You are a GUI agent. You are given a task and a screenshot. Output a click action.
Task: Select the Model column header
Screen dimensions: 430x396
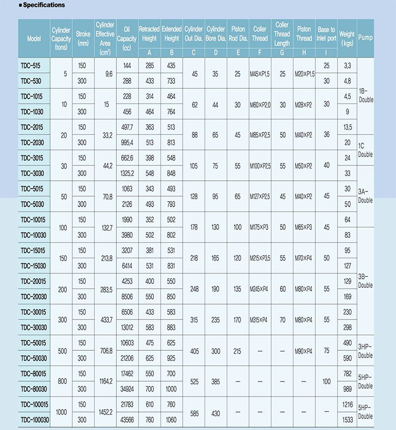[34, 38]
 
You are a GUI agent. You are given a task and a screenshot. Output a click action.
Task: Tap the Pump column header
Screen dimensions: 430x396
[365, 38]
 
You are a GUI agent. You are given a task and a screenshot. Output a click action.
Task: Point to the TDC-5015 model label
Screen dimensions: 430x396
[32, 189]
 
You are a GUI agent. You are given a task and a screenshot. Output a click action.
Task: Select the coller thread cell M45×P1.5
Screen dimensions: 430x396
[260, 74]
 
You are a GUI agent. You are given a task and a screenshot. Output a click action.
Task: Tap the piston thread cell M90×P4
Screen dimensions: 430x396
[304, 351]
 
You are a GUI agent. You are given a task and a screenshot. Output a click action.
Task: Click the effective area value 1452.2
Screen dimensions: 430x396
[104, 412]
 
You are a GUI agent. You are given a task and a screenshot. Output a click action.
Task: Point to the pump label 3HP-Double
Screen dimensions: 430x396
[365, 351]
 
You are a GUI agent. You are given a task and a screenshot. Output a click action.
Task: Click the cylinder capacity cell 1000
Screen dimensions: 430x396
[61, 412]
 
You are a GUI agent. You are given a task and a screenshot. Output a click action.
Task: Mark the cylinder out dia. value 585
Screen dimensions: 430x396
[194, 412]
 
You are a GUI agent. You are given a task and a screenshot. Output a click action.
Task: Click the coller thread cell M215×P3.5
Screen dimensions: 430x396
[260, 259]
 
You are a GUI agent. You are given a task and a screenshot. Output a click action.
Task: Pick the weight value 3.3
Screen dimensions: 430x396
[346, 65]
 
